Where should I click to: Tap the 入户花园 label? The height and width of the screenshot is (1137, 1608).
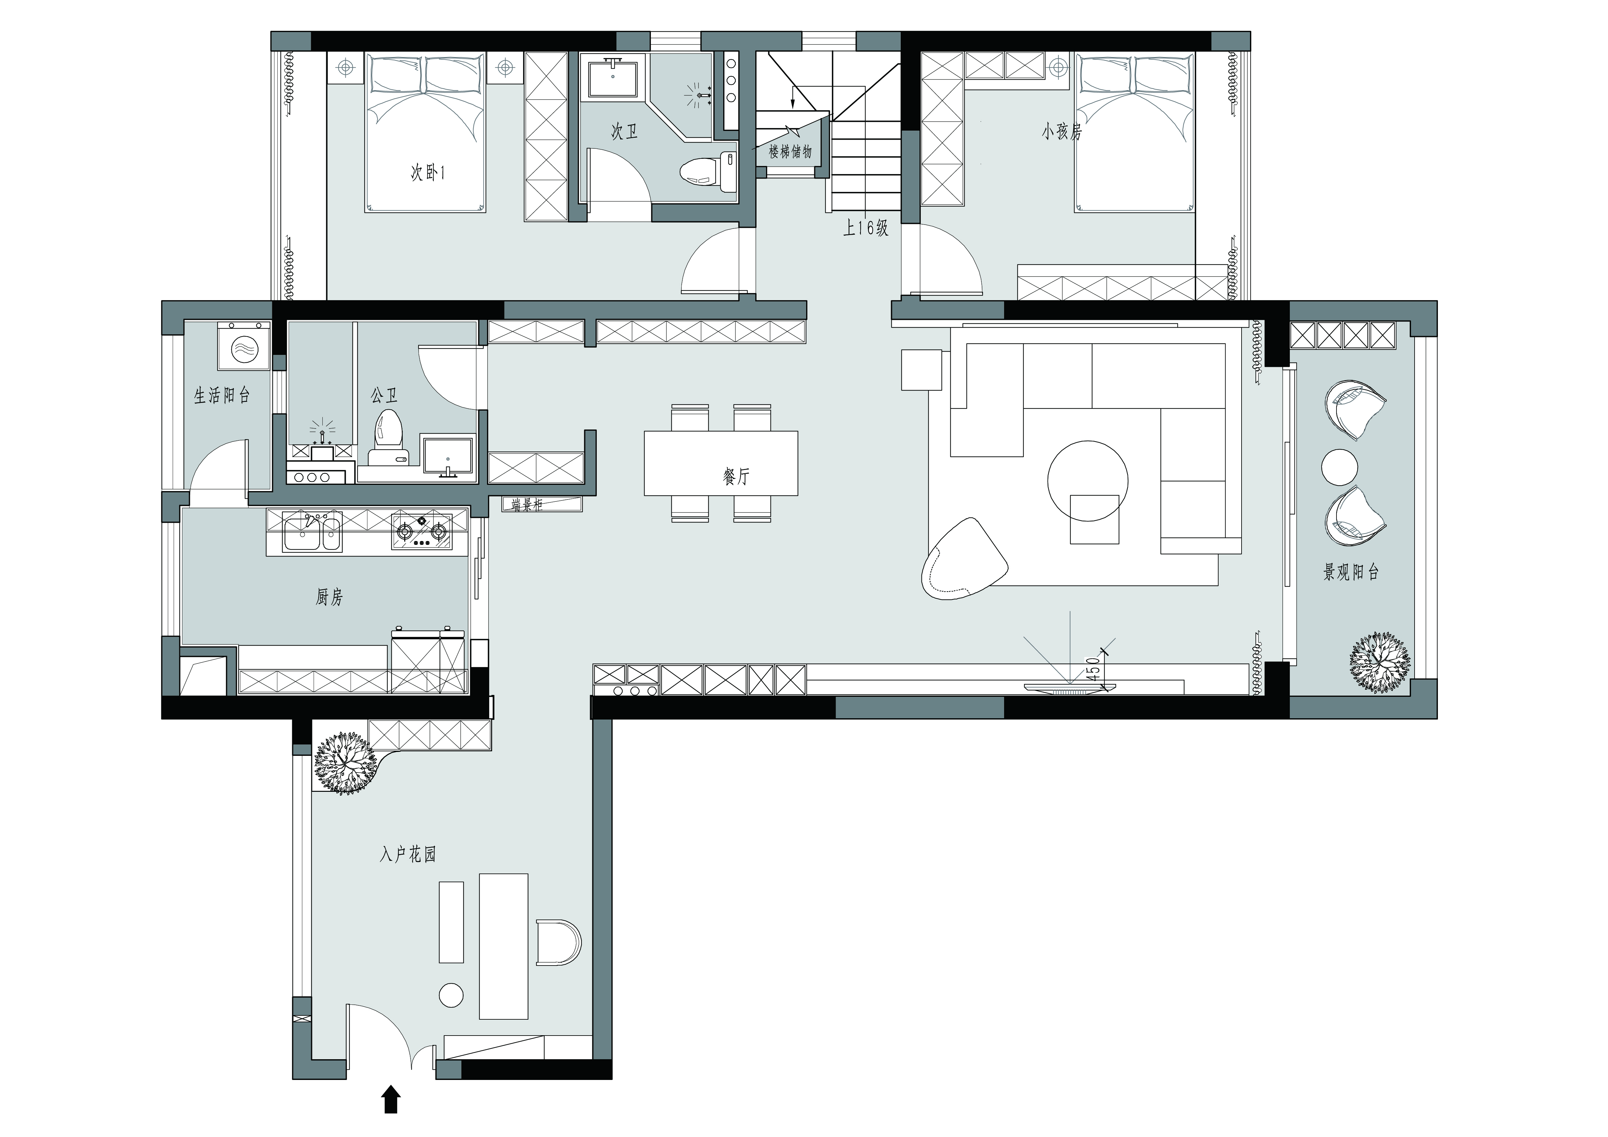coord(408,854)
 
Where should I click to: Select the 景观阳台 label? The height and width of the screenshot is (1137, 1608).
coord(1351,572)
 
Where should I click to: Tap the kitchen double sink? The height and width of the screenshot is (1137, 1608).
coord(312,532)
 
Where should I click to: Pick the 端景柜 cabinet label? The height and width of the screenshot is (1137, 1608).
coord(527,504)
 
